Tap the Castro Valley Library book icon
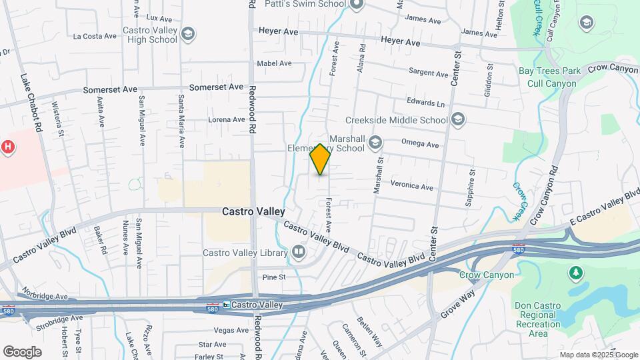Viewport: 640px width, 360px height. point(298,252)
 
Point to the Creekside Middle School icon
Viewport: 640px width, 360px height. point(457,120)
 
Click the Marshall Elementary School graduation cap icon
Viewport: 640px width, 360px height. point(375,141)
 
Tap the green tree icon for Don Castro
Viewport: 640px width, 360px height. point(574,273)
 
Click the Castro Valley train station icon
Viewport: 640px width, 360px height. point(227,305)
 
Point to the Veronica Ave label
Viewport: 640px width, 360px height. point(412,187)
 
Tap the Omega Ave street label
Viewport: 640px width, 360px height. point(420,145)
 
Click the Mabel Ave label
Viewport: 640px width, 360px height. point(275,64)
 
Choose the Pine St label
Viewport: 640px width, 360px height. point(273,277)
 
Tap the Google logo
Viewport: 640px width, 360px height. point(22,351)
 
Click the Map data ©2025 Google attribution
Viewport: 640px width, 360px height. point(598,355)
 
